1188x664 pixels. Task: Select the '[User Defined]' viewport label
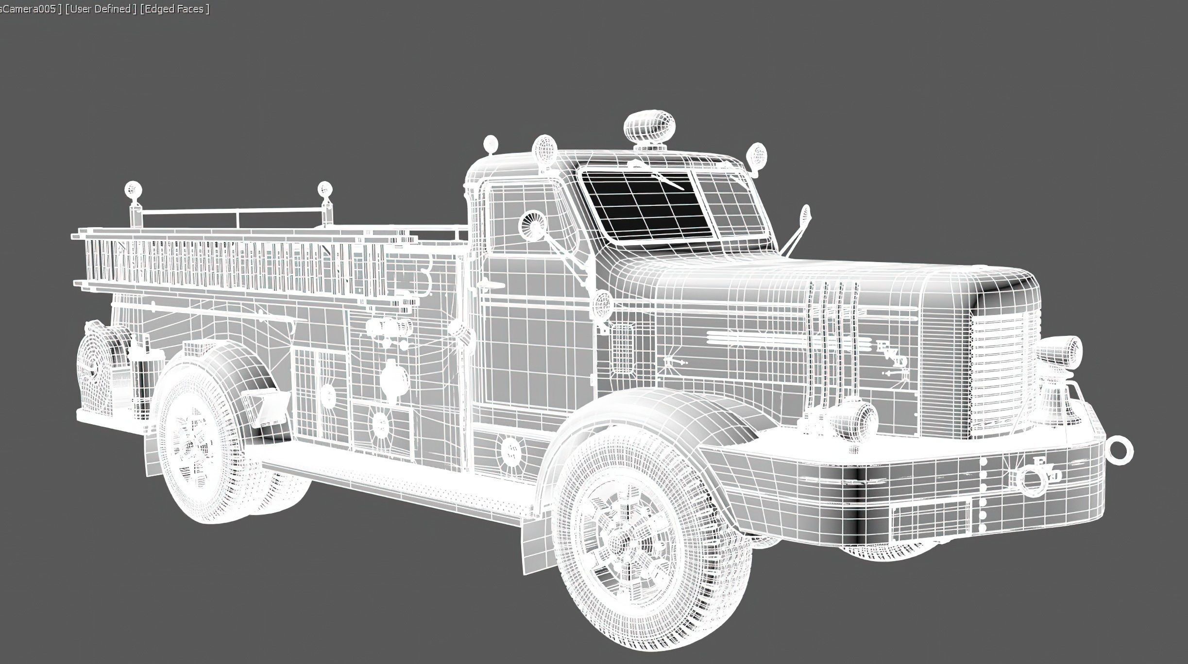pos(100,9)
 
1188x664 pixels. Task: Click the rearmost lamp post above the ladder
pos(132,190)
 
